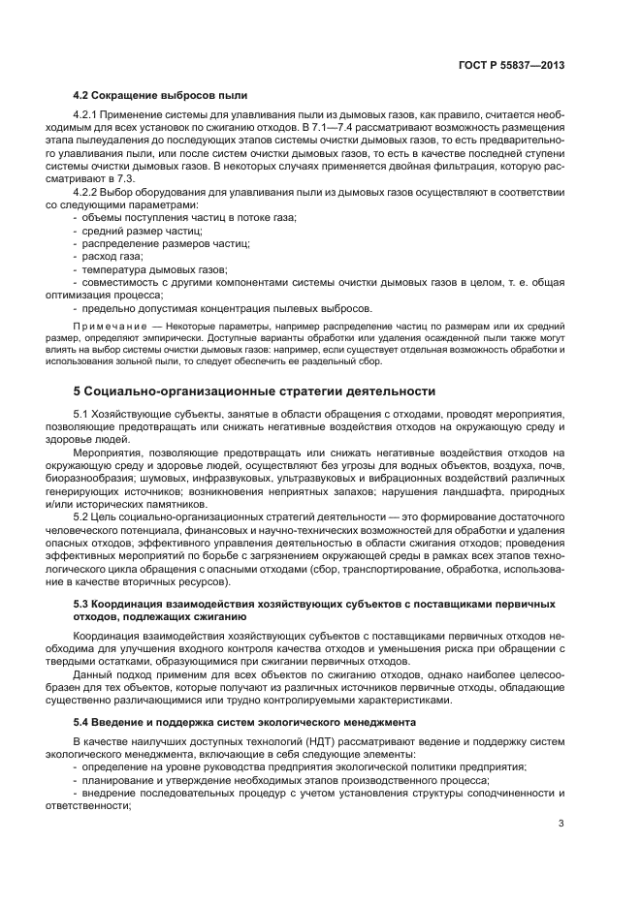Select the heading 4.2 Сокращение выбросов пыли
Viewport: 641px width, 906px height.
click(160, 95)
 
